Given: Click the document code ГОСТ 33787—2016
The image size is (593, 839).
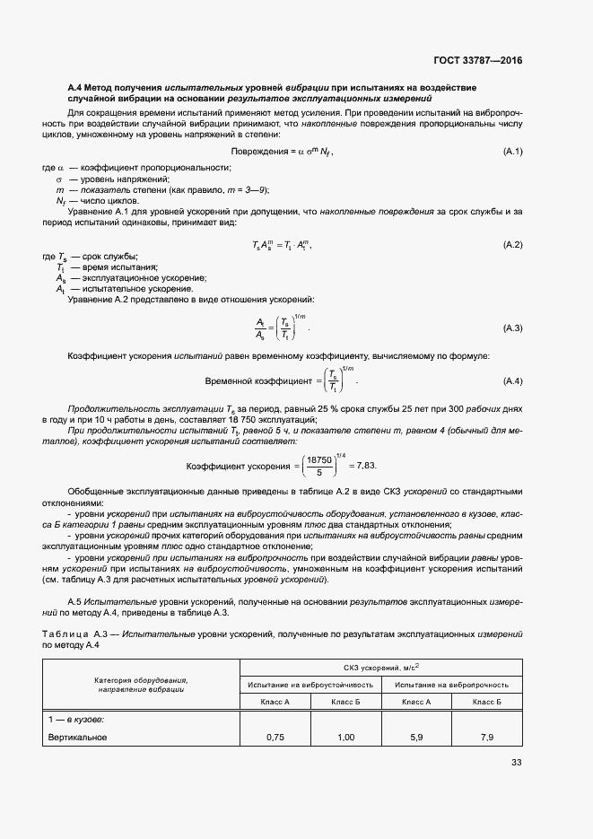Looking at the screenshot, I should [478, 61].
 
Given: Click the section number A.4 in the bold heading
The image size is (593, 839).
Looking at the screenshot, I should [76, 86].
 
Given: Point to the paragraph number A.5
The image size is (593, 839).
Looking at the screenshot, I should [76, 599].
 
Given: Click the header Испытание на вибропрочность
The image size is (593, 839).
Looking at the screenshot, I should [451, 684].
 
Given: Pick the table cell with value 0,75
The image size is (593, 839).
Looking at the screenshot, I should [276, 737].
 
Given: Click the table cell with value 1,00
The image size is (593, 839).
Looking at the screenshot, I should [345, 737].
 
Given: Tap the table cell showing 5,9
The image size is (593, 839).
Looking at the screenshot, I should [416, 737].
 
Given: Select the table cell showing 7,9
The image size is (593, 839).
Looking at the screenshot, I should [487, 737].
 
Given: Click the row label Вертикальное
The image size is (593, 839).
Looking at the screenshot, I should [77, 737].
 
